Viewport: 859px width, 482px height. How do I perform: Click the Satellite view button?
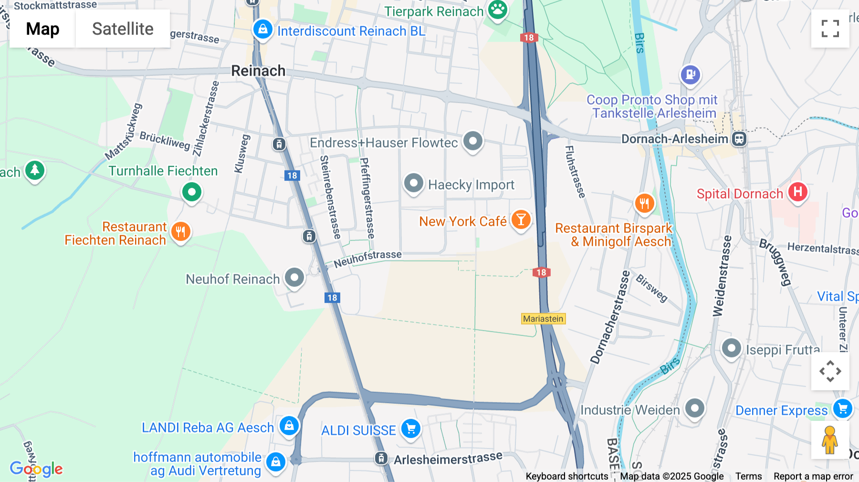[x=123, y=29]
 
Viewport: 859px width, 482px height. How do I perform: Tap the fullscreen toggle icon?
[x=830, y=29]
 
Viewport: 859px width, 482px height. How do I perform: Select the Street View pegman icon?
[x=830, y=440]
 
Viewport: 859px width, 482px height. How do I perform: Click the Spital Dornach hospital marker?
[x=797, y=192]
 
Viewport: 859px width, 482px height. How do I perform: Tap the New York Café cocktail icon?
[x=521, y=220]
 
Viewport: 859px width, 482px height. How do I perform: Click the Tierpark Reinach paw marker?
[x=498, y=9]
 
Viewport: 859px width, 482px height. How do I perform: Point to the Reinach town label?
[x=258, y=71]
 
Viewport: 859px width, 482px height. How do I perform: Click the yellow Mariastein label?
[x=543, y=319]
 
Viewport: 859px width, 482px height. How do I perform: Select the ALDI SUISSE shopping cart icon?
[x=410, y=428]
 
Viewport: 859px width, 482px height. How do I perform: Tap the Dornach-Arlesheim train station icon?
[x=739, y=139]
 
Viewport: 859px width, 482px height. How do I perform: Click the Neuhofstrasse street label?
[x=367, y=258]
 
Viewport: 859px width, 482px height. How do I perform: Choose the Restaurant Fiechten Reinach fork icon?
[x=180, y=232]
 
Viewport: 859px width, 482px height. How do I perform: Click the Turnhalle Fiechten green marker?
[x=192, y=192]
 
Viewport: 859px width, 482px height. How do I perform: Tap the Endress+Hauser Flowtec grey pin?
[x=473, y=141]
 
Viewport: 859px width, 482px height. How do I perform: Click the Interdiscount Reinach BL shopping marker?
[x=262, y=30]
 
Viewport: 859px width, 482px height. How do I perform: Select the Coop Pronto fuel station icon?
[x=690, y=74]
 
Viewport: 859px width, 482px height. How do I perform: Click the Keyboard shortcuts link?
[x=566, y=476]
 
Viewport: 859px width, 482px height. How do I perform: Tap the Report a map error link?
[x=813, y=476]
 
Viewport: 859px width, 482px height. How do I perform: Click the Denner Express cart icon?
[x=842, y=409]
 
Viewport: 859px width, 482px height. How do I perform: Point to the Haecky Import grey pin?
[x=413, y=183]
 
